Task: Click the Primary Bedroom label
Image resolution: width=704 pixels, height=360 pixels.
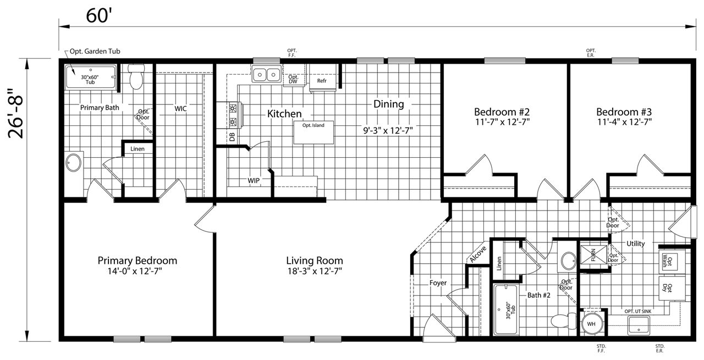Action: point(137,261)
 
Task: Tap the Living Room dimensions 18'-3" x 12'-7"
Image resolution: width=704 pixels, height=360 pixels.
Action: point(315,271)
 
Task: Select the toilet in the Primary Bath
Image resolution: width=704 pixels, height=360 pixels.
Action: point(136,76)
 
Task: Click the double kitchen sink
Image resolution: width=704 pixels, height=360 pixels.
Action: point(267,74)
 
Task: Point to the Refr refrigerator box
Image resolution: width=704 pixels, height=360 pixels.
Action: point(322,77)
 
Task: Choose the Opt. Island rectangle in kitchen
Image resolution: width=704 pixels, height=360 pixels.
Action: point(313,132)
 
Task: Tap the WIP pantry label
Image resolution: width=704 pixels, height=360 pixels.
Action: point(254,181)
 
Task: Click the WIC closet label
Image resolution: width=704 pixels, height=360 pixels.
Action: point(180,109)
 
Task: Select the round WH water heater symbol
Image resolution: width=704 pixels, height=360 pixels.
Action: point(591,324)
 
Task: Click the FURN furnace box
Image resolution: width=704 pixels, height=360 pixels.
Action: point(593,255)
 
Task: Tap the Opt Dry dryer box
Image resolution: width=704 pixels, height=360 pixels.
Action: point(672,289)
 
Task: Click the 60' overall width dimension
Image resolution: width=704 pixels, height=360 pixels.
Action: point(99,16)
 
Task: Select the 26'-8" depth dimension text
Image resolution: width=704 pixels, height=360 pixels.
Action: point(16,113)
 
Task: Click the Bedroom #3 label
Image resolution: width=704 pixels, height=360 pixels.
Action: point(624,112)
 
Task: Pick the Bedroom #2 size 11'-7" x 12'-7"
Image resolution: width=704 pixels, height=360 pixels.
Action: point(502,122)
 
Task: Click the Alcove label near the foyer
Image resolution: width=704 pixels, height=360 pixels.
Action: point(478,254)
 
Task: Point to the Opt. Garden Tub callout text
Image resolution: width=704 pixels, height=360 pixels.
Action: point(95,51)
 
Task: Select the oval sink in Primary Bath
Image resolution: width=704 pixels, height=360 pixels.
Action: point(74,163)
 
